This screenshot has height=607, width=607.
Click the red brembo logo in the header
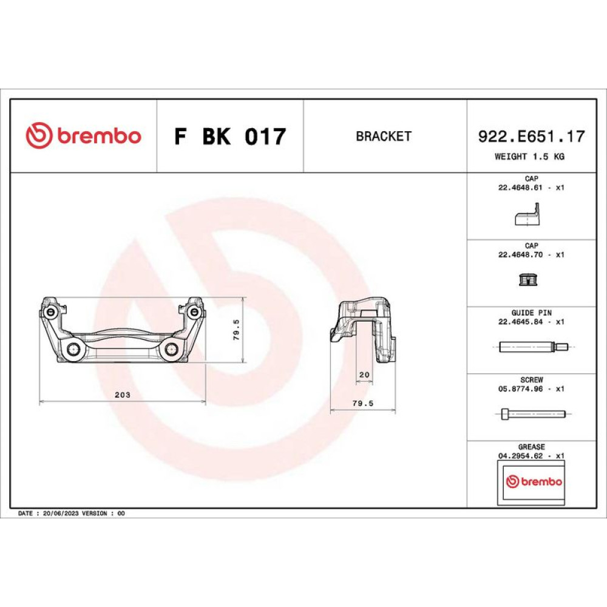pos(83,135)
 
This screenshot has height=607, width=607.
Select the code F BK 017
pos(230,136)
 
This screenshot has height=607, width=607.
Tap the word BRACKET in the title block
pos(383,136)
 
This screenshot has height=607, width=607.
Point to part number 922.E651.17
pos(531,136)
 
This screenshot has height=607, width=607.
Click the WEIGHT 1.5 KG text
pos(529,157)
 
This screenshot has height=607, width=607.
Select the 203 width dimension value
pos(123,395)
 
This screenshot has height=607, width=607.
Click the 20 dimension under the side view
pos(364,375)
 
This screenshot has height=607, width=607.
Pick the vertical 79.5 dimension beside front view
pos(236,330)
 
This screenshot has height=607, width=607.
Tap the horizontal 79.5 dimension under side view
pos(363,403)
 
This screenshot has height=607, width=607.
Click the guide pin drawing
pos(534,347)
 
